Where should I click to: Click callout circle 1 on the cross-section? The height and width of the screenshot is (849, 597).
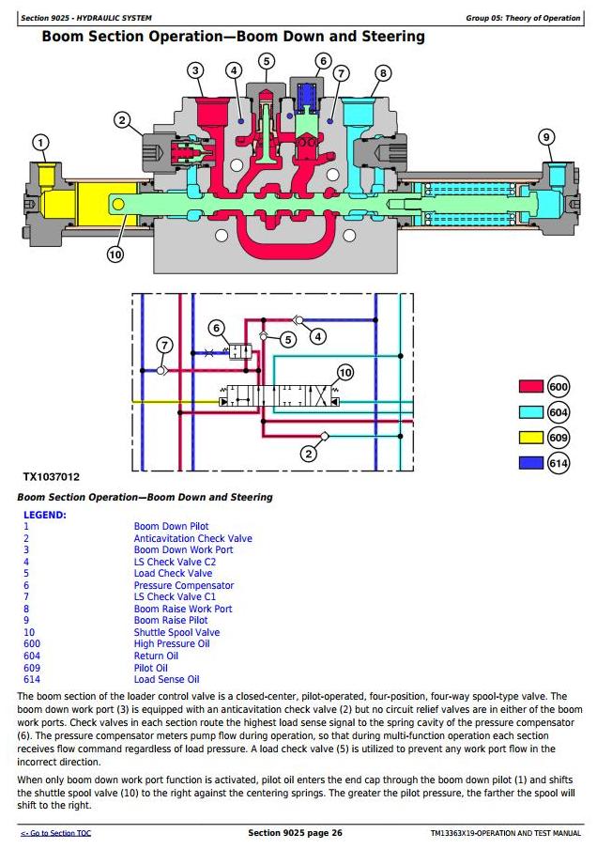40,143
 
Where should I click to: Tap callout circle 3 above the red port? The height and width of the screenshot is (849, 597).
195,70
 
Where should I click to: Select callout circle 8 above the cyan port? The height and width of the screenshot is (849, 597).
383,73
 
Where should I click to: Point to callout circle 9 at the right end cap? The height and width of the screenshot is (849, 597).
546,137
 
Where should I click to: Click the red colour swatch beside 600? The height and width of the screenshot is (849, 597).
531,386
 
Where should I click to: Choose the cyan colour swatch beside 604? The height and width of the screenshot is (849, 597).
531,412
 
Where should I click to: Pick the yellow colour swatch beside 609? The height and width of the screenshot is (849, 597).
531,438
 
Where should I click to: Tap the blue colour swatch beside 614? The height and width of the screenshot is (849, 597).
531,463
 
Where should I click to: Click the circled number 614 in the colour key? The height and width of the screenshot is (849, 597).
558,463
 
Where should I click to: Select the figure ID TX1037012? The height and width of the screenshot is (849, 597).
51,477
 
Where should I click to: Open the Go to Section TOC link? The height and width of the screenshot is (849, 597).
55,833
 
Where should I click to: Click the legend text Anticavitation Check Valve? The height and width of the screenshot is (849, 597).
192,539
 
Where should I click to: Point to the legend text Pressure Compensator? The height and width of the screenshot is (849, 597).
184,585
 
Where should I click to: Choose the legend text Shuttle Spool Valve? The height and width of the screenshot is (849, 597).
177,632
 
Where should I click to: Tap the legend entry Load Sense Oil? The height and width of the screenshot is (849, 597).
167,680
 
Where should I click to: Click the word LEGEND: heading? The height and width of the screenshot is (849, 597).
45,515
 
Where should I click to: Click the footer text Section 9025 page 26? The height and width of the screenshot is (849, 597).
295,833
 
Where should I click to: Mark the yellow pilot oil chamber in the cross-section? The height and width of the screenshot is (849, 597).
58,204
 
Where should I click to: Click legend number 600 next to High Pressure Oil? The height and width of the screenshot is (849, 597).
32,643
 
